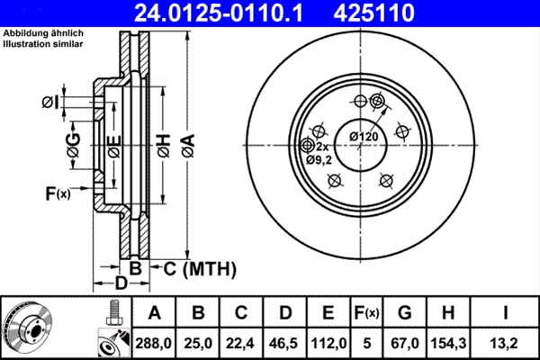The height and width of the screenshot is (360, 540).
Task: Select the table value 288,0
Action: click(154, 342)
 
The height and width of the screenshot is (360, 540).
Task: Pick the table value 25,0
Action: click(198, 342)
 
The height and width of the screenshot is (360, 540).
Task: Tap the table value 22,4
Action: click(241, 342)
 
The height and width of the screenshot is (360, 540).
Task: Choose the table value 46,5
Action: click(284, 342)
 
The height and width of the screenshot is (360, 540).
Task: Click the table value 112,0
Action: click(328, 342)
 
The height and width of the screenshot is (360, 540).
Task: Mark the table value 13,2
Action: click(508, 342)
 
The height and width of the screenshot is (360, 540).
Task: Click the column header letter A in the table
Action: click(154, 313)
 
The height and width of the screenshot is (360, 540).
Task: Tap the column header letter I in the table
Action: click(508, 313)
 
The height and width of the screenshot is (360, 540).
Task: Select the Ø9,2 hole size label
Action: click(319, 159)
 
